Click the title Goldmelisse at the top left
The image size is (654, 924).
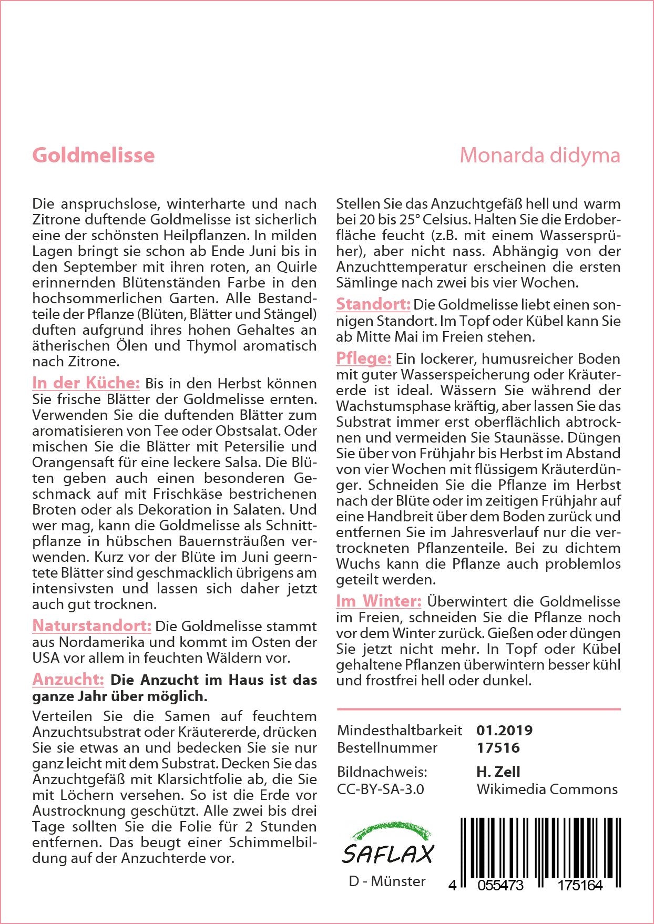pos(94,156)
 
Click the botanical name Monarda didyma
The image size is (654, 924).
pos(539,156)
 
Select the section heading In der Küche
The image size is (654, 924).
pos(86,383)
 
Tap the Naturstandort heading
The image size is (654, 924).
pos(91,625)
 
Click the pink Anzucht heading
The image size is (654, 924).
pos(68,679)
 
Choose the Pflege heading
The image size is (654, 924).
pos(363,358)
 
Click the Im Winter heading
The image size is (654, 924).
pos(379,601)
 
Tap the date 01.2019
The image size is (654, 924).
pos(504,730)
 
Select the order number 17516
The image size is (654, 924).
pos(498,747)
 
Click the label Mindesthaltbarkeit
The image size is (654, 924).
pos(400,730)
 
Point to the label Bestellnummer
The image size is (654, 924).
pos(387,747)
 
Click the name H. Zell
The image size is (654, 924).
pos(498,772)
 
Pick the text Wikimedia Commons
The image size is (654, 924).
pos(547,789)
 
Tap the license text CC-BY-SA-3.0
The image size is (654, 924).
pos(380,789)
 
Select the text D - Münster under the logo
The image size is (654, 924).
pos(387,881)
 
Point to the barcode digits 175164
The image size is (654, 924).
pos(579,885)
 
